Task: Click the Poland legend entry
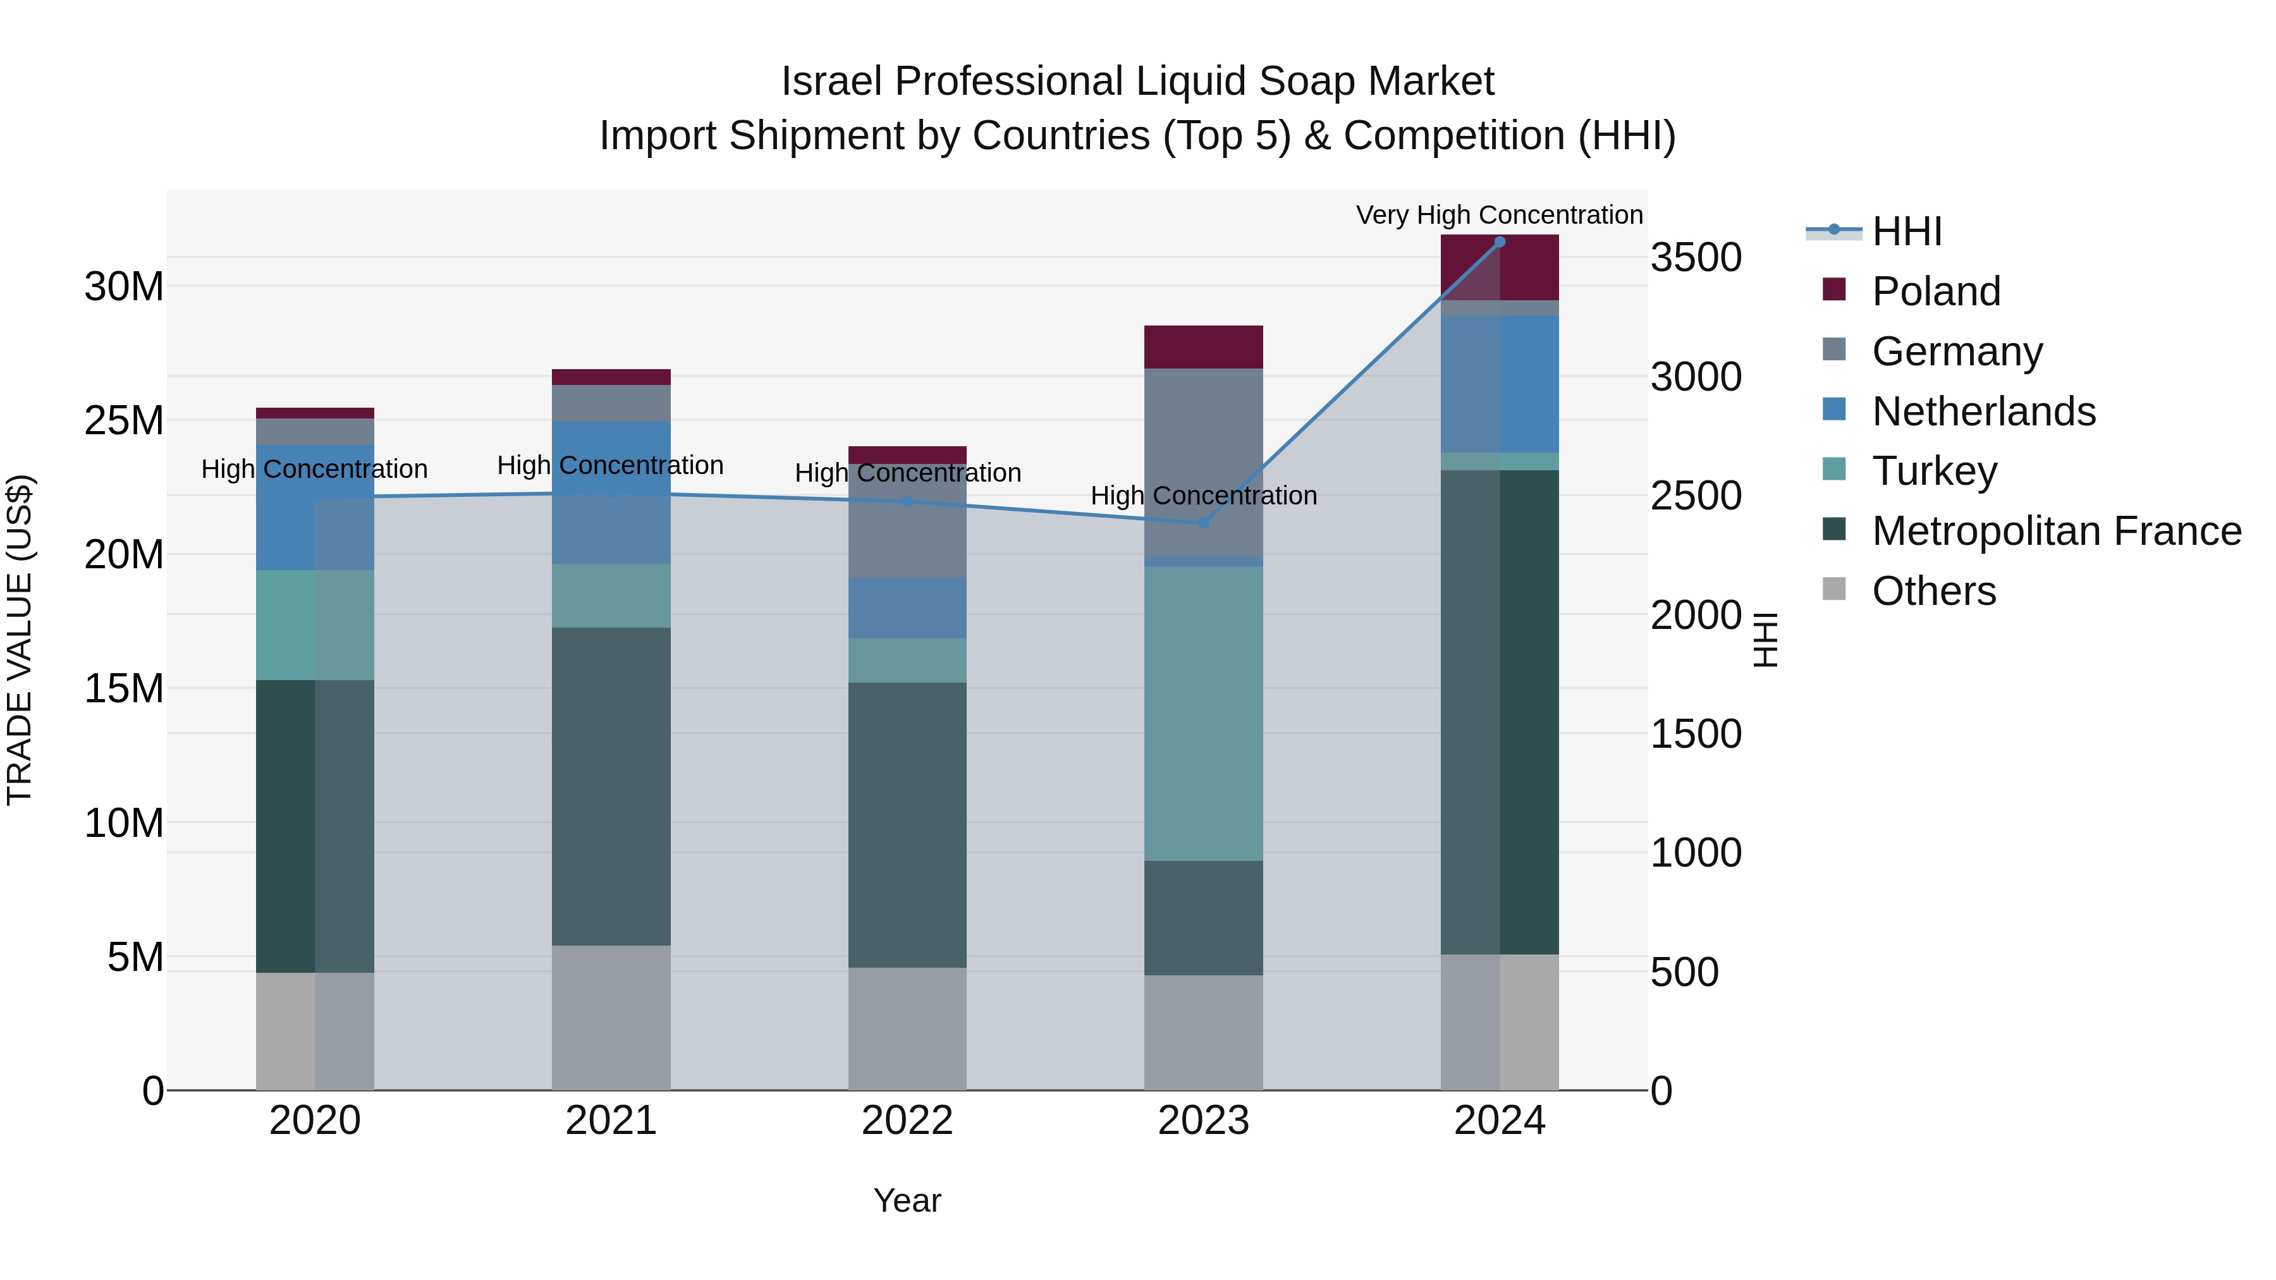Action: (x=1935, y=291)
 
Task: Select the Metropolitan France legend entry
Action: (x=2056, y=531)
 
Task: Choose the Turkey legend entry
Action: (x=1934, y=471)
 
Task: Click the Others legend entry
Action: (x=1933, y=591)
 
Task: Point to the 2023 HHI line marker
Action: (x=1202, y=523)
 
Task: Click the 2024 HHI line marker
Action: (x=1500, y=242)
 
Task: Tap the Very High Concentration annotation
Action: (x=1500, y=215)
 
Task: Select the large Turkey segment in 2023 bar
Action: (x=1202, y=714)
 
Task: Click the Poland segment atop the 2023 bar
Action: (x=1202, y=347)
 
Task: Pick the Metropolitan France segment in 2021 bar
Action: (x=611, y=786)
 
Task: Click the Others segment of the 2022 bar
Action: (x=907, y=1028)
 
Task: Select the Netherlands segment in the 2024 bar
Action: (x=1500, y=384)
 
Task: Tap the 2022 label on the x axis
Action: (x=907, y=1121)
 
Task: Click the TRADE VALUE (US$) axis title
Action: (x=20, y=640)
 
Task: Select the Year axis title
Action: (x=907, y=1200)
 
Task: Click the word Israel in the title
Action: (x=831, y=82)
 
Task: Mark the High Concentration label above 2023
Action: (x=1202, y=496)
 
